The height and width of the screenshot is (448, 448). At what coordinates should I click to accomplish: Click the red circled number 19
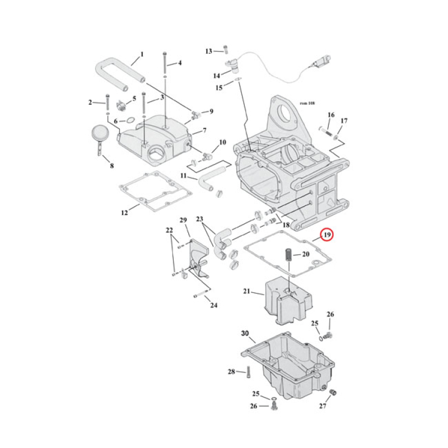326,235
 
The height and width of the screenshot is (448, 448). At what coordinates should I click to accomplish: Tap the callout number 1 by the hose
142,55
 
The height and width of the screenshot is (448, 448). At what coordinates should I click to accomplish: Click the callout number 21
247,292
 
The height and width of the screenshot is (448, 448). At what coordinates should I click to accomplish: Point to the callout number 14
217,75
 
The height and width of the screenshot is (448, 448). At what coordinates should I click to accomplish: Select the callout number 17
344,120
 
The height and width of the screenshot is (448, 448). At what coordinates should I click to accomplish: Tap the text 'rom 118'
307,104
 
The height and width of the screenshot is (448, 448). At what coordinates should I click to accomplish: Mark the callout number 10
222,143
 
